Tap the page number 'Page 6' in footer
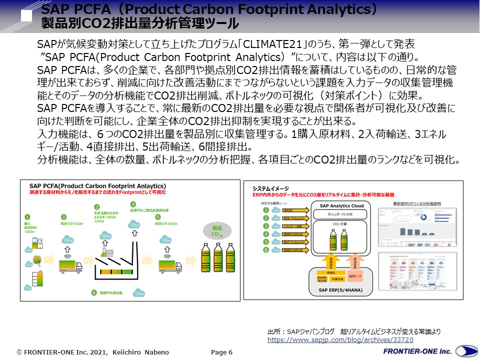[x=222, y=352]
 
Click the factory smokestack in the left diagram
[x=134, y=250]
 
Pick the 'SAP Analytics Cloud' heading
[x=337, y=206]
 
